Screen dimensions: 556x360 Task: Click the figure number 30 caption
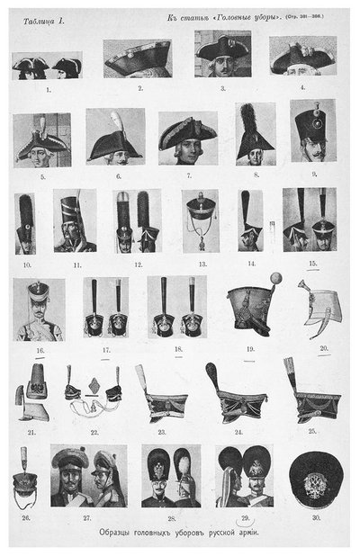pyautogui.click(x=315, y=519)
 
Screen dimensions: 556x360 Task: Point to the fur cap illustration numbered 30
pyautogui.click(x=315, y=479)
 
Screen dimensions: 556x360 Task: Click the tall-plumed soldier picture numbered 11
pyautogui.click(x=74, y=220)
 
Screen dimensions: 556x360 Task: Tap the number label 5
pyautogui.click(x=40, y=177)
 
